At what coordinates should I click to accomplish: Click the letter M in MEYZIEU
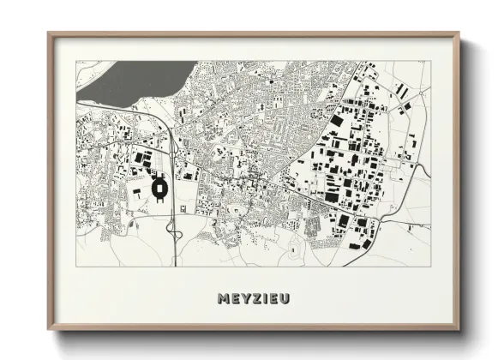(x=225, y=298)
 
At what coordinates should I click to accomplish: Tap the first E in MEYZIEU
(x=236, y=298)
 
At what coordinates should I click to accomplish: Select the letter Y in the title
(x=246, y=298)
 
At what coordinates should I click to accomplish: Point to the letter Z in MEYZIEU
(x=256, y=298)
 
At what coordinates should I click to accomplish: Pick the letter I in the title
(x=265, y=298)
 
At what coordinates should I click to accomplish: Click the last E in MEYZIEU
(x=273, y=298)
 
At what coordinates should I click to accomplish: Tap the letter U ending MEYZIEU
(x=284, y=298)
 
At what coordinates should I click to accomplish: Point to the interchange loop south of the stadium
(x=171, y=228)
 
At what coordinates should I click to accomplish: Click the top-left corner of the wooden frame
(x=49, y=33)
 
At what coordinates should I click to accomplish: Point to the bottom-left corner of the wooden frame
(x=49, y=329)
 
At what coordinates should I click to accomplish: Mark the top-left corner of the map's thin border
(x=76, y=61)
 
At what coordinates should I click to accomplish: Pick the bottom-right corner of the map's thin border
(x=430, y=266)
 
